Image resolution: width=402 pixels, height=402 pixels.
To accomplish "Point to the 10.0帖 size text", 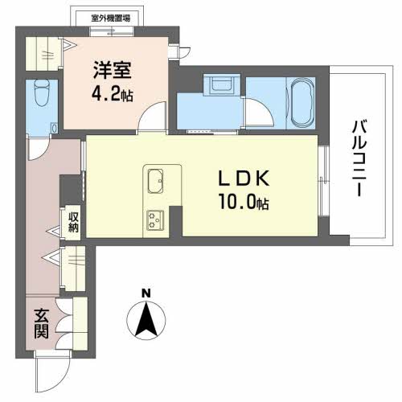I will click(243, 204).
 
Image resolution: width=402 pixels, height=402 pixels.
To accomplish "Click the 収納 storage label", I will click(73, 220).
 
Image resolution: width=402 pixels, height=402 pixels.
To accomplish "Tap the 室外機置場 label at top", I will click(110, 16).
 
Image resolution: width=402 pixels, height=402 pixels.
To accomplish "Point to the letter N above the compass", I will click(145, 293).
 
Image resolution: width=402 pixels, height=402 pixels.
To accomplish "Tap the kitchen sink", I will click(154, 178).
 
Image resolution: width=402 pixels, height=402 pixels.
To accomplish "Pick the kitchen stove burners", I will click(154, 217).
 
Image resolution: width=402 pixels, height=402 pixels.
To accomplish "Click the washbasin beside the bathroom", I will click(219, 85).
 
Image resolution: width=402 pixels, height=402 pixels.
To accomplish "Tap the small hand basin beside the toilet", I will click(54, 127).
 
